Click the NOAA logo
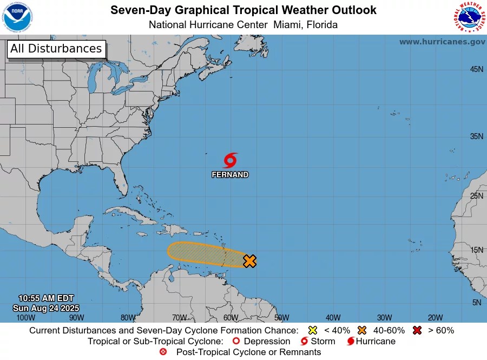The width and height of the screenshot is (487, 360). pyautogui.click(x=17, y=17)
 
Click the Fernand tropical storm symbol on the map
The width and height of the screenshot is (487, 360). pyautogui.click(x=230, y=160)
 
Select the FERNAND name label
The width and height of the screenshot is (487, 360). pyautogui.click(x=230, y=175)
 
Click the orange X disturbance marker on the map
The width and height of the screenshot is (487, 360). pyautogui.click(x=249, y=261)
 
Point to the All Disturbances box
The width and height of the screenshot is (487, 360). pyautogui.click(x=56, y=49)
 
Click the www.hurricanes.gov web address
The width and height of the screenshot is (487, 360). pyautogui.click(x=442, y=42)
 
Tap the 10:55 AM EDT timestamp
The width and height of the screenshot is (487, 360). pyautogui.click(x=46, y=298)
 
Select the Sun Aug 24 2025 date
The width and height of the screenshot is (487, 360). pyautogui.click(x=46, y=307)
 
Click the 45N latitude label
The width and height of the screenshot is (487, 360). pyautogui.click(x=476, y=69)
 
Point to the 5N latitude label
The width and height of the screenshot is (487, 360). pyautogui.click(x=476, y=303)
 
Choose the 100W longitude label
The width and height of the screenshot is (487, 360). pyautogui.click(x=25, y=318)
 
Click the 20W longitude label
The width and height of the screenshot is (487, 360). pyautogui.click(x=436, y=318)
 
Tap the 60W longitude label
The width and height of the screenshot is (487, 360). pyautogui.click(x=231, y=318)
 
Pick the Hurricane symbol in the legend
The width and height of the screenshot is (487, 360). pyautogui.click(x=351, y=341)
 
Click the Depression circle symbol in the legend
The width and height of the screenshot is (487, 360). pyautogui.click(x=236, y=341)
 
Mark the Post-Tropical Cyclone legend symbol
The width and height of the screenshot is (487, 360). pyautogui.click(x=163, y=352)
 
